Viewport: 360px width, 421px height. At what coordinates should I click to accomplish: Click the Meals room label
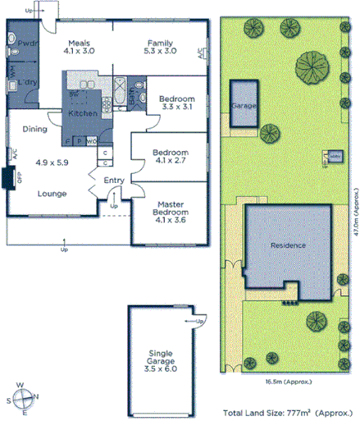[x=79, y=43]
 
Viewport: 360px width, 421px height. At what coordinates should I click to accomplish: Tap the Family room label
[x=159, y=43]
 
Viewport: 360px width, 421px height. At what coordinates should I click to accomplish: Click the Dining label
[x=34, y=129]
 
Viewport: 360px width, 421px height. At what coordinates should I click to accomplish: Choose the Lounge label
[x=52, y=194]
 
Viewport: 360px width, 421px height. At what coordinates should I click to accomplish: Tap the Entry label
[x=113, y=182]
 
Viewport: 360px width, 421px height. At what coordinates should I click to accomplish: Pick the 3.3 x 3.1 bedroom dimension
[x=175, y=107]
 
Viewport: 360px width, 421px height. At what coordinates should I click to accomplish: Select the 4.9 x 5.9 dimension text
[x=52, y=162]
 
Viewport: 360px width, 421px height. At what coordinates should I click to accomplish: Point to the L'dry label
[x=29, y=83]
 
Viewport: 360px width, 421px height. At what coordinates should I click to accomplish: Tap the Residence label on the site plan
[x=289, y=245]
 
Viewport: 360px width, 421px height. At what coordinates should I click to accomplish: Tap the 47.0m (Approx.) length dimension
[x=355, y=216]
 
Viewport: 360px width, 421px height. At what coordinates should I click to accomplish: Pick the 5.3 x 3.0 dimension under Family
[x=159, y=51]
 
